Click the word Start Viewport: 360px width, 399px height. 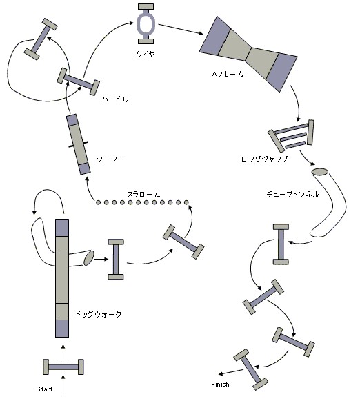pos(45,389)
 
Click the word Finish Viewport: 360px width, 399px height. pos(220,384)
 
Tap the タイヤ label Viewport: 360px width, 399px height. pos(146,54)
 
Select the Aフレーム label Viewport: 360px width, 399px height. pos(228,75)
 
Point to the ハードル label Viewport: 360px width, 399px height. pos(115,99)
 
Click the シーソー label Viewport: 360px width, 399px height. pos(110,159)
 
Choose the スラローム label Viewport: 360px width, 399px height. pos(143,195)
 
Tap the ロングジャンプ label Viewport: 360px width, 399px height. pos(264,159)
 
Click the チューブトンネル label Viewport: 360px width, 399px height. pos(292,195)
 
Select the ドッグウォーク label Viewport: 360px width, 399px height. pos(98,314)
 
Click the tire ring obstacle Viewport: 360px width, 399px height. pos(146,24)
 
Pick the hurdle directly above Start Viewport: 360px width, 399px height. pos(63,367)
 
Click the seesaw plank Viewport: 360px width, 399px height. pos(78,144)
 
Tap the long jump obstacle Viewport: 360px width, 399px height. pos(291,136)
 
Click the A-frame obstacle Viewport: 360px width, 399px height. pos(248,54)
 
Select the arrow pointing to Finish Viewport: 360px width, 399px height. pos(231,372)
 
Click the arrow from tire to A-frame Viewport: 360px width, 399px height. pos(181,29)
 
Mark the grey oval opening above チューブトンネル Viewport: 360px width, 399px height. pos(320,171)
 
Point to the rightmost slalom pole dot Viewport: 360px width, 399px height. pos(186,202)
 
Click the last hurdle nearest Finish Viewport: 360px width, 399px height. pos(250,369)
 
